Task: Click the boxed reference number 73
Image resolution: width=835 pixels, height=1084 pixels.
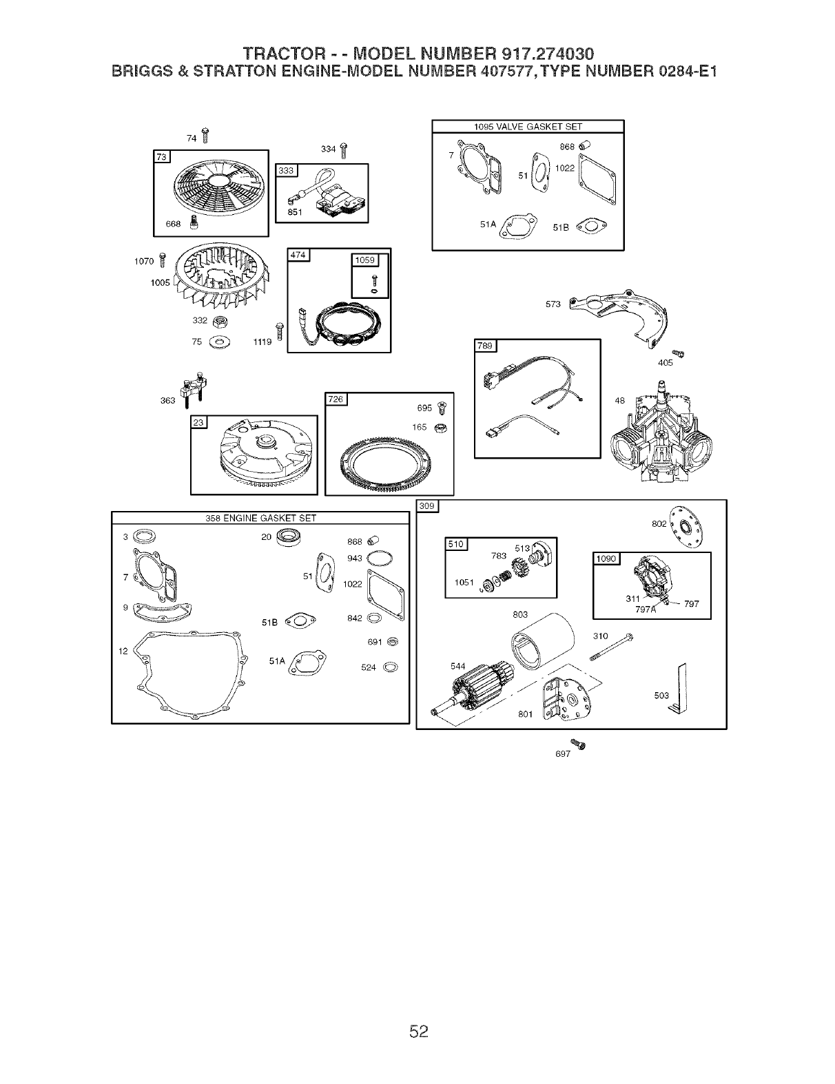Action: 162,158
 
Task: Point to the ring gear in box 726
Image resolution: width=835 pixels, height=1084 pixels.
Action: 390,466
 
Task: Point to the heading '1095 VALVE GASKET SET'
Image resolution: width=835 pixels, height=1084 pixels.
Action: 528,126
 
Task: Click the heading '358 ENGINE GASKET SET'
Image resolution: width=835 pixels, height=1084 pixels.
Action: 260,518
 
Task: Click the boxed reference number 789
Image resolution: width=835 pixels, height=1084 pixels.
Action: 486,346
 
